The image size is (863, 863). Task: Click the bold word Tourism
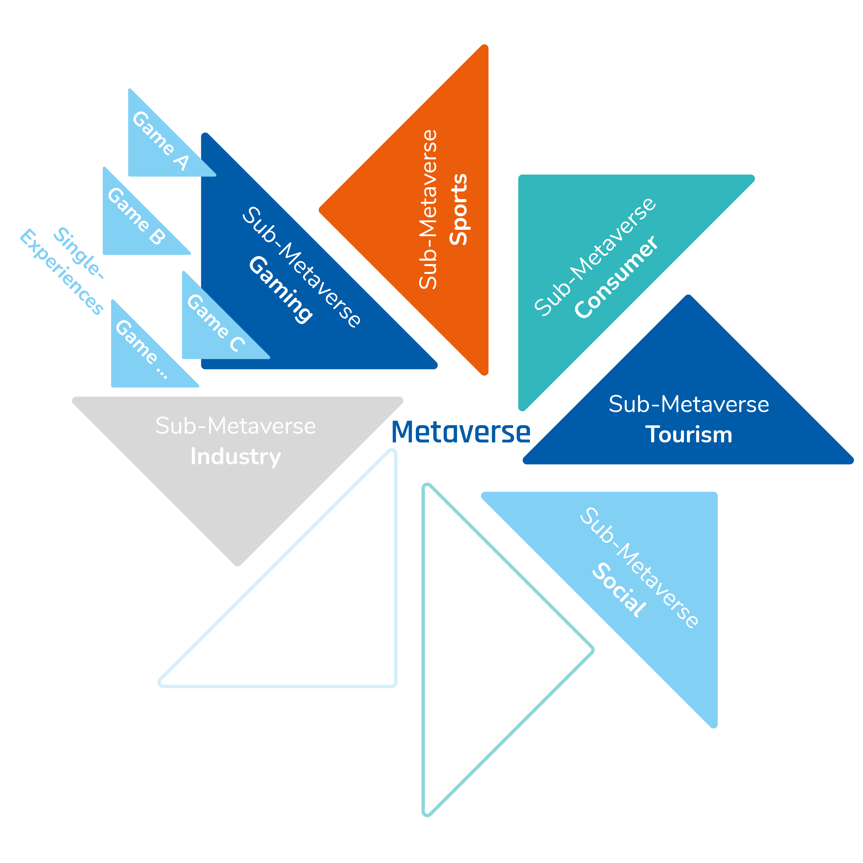pyautogui.click(x=688, y=435)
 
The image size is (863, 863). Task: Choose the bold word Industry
pyautogui.click(x=235, y=456)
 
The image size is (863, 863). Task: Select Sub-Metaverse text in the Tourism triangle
pyautogui.click(x=688, y=404)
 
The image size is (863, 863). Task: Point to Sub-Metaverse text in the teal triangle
pyautogui.click(x=595, y=257)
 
